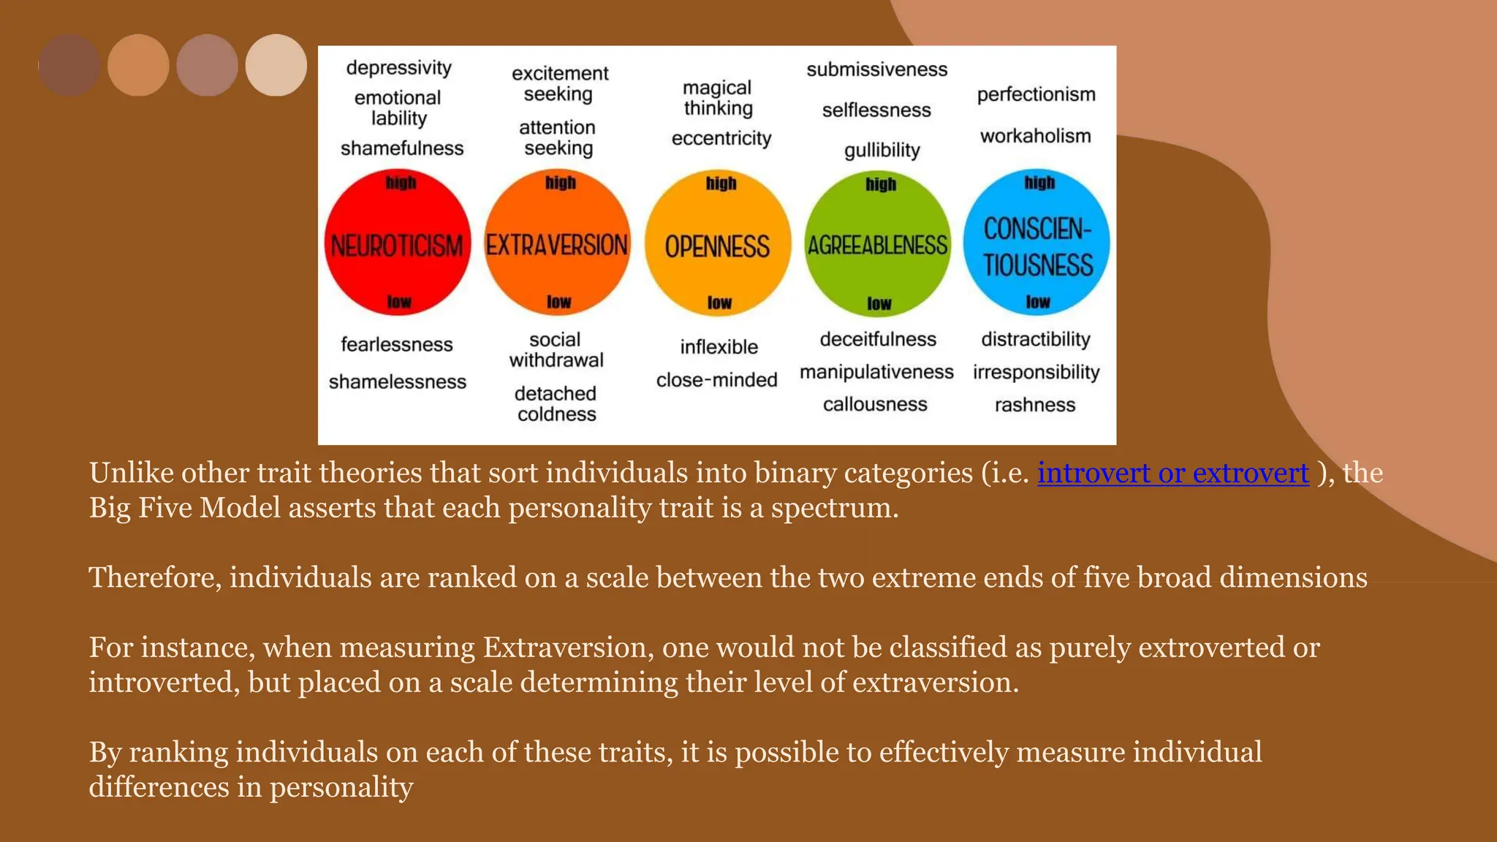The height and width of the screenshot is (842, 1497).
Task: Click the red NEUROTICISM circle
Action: [x=397, y=243]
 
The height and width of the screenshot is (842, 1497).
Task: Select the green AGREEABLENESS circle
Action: [x=877, y=244]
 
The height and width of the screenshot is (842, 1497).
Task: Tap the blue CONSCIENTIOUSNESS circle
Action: [x=1036, y=243]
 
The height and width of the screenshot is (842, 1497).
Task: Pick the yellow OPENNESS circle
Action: [x=717, y=244]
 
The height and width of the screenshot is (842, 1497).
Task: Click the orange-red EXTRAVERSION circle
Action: [x=557, y=243]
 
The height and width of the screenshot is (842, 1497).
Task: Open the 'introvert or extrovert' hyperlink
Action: [x=1172, y=474]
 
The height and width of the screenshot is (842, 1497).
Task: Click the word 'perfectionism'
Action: [x=1036, y=94]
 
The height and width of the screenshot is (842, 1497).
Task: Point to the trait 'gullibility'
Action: [x=882, y=150]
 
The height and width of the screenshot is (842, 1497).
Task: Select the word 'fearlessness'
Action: [x=397, y=344]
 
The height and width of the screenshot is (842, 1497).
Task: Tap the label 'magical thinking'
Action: [x=718, y=98]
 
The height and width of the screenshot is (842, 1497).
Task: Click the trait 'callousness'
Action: [x=875, y=404]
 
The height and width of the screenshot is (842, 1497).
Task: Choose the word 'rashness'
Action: [x=1035, y=405]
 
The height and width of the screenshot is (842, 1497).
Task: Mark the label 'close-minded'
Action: [x=716, y=380]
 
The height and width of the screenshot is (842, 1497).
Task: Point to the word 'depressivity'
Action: [x=399, y=68]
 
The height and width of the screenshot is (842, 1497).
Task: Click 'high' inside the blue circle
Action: [x=1039, y=182]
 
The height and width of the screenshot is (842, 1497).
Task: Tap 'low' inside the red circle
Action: [x=399, y=302]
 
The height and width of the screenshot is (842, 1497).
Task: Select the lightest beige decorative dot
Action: [x=276, y=65]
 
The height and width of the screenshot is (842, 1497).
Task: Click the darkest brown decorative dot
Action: [x=69, y=65]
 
